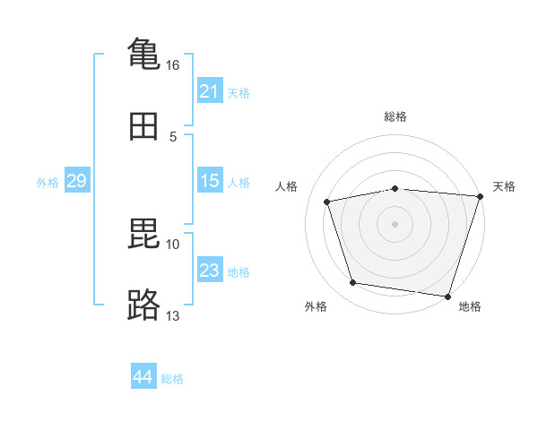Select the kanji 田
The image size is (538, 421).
(143, 127)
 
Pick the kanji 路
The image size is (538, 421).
(143, 305)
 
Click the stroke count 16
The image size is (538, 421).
(172, 65)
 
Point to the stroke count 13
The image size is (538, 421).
(172, 315)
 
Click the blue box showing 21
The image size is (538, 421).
(209, 91)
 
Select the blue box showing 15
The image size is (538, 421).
(209, 181)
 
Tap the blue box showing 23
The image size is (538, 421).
(209, 271)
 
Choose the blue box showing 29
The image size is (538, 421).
(76, 181)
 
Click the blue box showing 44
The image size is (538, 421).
(143, 378)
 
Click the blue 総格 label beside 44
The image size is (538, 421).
(172, 379)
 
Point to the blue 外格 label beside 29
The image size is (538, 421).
(48, 182)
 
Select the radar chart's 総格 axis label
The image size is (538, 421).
(395, 116)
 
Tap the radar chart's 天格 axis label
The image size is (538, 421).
(504, 186)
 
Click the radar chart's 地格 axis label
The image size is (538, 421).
(470, 306)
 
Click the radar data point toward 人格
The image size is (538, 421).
(327, 202)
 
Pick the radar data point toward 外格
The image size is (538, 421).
(353, 283)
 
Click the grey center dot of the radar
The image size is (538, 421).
(395, 224)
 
